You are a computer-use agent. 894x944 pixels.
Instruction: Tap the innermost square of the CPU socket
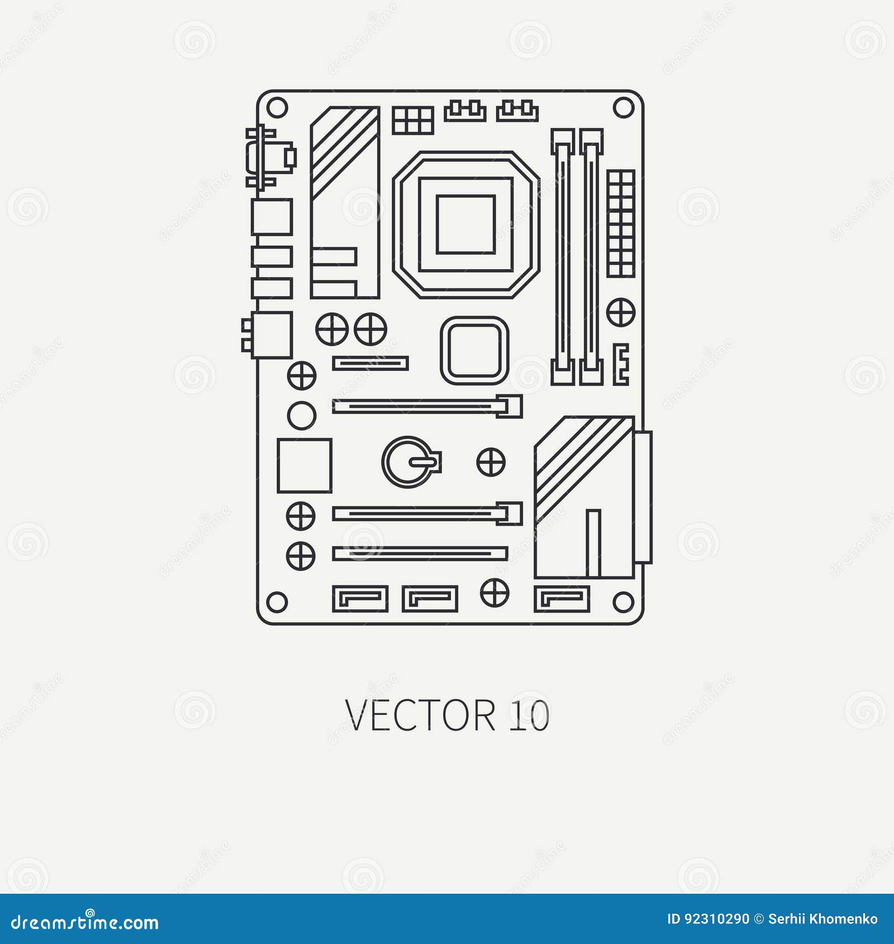pyautogui.click(x=465, y=225)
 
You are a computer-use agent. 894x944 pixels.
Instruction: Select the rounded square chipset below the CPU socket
pyautogui.click(x=474, y=350)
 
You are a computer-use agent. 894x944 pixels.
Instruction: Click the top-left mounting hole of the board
pyautogui.click(x=277, y=107)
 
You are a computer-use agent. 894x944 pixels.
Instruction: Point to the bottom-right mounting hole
pyautogui.click(x=623, y=602)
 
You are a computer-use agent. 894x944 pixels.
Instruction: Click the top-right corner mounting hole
pyautogui.click(x=623, y=107)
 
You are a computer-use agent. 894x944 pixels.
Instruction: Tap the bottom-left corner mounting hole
pyautogui.click(x=277, y=602)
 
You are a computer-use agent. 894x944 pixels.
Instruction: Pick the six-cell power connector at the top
pyautogui.click(x=413, y=120)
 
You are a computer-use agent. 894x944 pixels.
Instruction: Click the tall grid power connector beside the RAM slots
pyautogui.click(x=621, y=223)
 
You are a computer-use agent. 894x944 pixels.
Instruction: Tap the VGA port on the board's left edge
pyautogui.click(x=270, y=158)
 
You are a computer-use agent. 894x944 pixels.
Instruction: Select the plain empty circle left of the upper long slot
pyautogui.click(x=302, y=415)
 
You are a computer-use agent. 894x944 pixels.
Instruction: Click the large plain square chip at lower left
pyautogui.click(x=305, y=465)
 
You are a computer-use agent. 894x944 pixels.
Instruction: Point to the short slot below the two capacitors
pyautogui.click(x=370, y=363)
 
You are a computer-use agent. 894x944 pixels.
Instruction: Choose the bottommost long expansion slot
pyautogui.click(x=420, y=554)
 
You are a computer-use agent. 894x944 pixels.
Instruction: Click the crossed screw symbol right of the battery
pyautogui.click(x=491, y=462)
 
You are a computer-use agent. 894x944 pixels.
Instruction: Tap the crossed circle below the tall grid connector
pyautogui.click(x=621, y=312)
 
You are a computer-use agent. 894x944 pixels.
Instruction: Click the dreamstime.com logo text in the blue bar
pyautogui.click(x=85, y=922)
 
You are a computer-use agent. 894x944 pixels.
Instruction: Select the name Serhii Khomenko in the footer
pyautogui.click(x=822, y=919)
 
